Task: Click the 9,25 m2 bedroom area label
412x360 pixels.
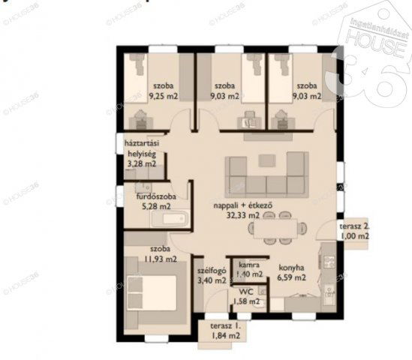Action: pos(161,96)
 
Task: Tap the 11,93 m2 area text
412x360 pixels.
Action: pos(161,259)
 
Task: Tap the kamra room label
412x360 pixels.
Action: pos(249,265)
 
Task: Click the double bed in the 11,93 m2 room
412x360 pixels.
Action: pos(154,293)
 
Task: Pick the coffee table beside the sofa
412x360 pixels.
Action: pos(268,159)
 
